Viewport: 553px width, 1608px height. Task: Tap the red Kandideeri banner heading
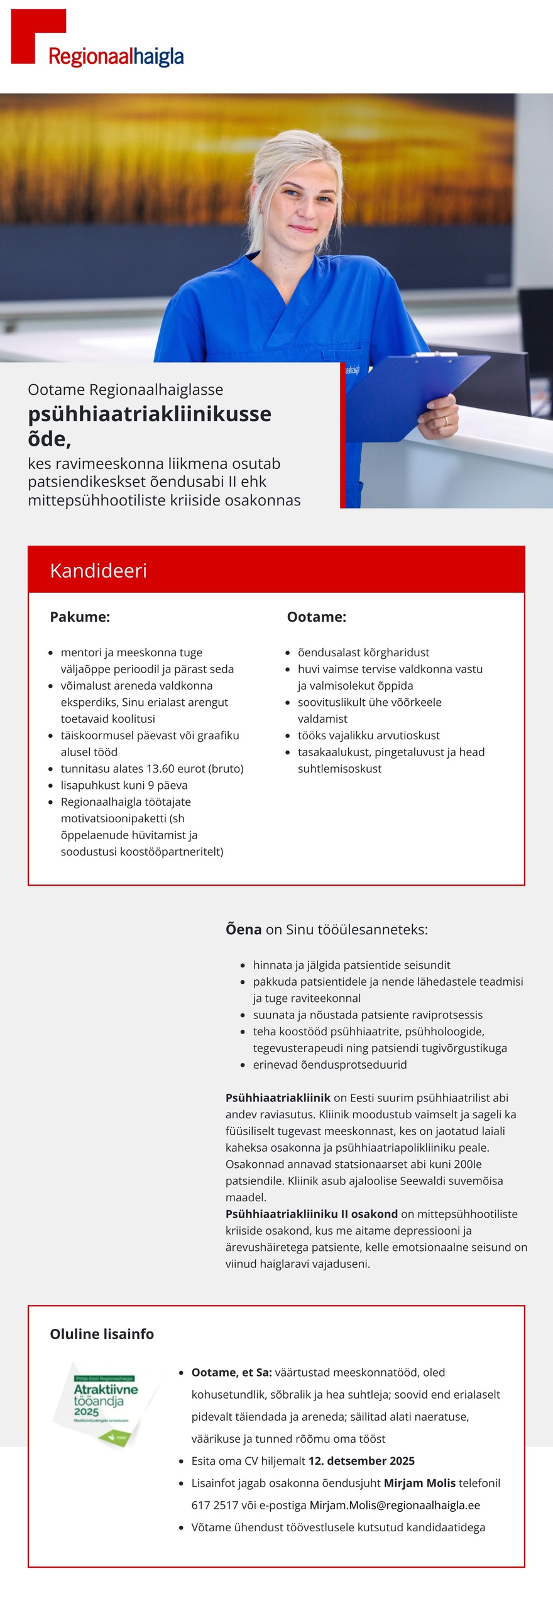[99, 570]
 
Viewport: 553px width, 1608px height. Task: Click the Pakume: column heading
[80, 617]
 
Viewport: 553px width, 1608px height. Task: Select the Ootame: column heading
[316, 617]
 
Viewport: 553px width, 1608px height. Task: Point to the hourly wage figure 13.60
[163, 768]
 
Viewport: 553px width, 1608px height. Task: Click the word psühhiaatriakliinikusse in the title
[150, 414]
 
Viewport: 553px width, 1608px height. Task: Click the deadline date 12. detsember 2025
[361, 1460]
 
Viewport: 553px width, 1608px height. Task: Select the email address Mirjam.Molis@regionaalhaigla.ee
[395, 1504]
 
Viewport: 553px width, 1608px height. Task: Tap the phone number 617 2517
[215, 1504]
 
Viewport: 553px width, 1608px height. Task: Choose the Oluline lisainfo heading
[102, 1333]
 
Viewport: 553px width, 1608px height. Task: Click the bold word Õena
[243, 929]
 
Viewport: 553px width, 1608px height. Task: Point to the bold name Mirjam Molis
[419, 1482]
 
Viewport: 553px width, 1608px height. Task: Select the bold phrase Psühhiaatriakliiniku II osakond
[312, 1213]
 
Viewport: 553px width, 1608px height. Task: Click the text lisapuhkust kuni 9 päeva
[124, 785]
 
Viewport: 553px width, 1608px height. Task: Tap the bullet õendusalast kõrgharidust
[363, 652]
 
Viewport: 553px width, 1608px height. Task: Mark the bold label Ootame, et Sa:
[231, 1372]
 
